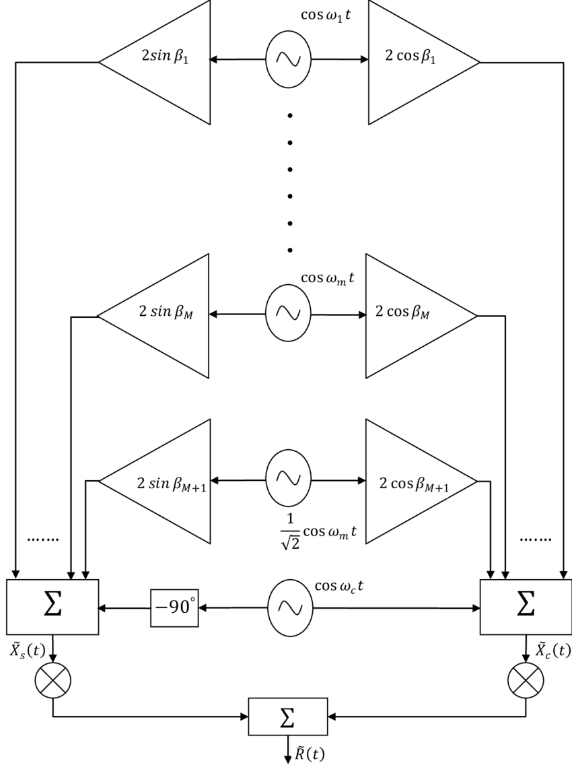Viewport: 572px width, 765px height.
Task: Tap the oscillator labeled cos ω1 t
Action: click(x=288, y=59)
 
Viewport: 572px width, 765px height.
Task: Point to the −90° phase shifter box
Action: click(x=174, y=608)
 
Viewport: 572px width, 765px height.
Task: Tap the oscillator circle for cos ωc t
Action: click(x=290, y=608)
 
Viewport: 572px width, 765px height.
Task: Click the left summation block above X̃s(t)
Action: click(x=52, y=607)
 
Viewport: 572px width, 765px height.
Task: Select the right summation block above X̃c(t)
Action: click(x=526, y=607)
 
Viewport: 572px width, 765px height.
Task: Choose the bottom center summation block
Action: click(x=288, y=717)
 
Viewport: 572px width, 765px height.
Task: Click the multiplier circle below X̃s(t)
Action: click(x=52, y=680)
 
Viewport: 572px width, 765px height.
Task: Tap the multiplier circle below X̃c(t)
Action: click(x=526, y=680)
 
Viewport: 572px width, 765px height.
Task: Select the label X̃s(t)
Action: click(x=28, y=650)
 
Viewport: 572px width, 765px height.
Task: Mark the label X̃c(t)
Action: click(x=553, y=650)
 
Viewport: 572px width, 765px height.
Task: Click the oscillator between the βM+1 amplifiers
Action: click(x=288, y=479)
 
